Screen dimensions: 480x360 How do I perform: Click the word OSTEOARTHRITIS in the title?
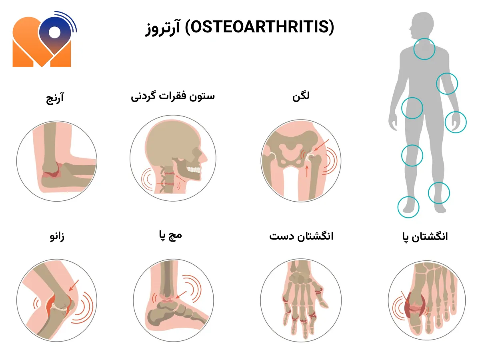point(260,27)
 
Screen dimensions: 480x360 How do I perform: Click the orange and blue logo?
point(45,39)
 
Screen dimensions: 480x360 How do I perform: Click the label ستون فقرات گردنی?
point(173,96)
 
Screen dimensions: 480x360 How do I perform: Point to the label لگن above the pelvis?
point(301,96)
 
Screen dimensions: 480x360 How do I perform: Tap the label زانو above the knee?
point(57,236)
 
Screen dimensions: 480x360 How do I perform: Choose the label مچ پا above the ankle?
point(170,236)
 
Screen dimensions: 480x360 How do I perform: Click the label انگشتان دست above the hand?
point(301,236)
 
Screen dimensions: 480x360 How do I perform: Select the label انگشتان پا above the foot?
point(425,237)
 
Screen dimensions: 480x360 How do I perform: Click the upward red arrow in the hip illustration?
point(307,171)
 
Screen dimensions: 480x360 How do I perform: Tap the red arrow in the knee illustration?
point(74,286)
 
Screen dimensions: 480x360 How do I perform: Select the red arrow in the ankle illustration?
point(181,295)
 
